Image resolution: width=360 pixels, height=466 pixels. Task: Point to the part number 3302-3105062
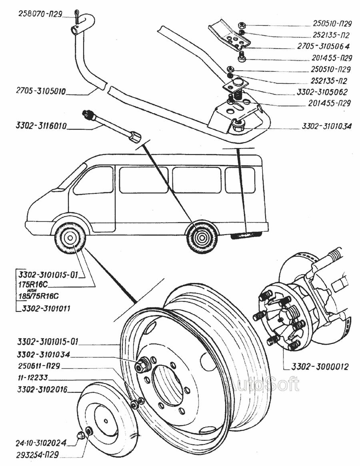322,91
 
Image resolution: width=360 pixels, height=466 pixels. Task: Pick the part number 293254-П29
38,455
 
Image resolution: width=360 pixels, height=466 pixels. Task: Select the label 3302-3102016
42,389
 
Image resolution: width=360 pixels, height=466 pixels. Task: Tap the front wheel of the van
70,239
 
